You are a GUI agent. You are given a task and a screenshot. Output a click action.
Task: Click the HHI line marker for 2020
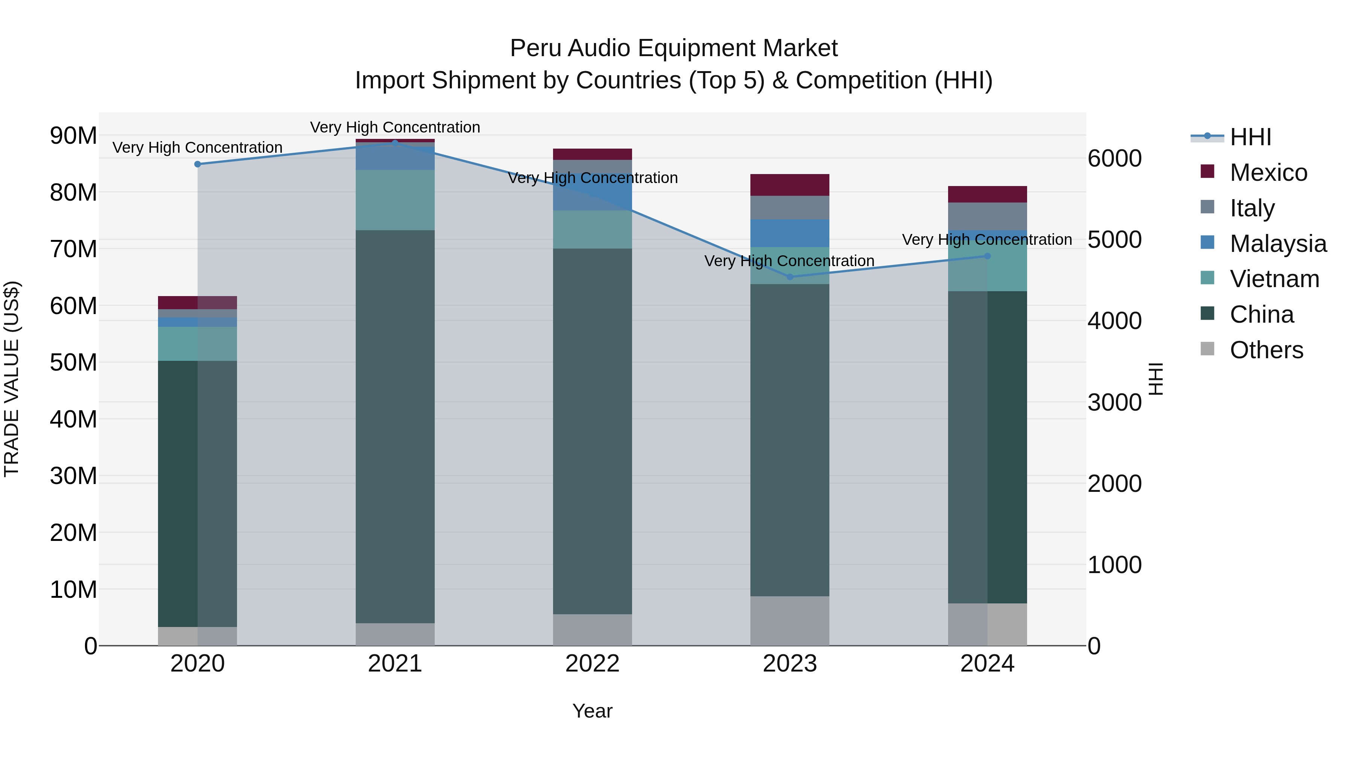[x=197, y=164]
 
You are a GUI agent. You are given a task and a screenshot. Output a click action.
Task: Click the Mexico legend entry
[x=1269, y=173]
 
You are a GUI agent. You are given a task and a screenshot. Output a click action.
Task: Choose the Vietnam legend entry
[x=1274, y=279]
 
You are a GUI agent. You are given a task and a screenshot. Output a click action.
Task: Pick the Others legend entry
[x=1266, y=350]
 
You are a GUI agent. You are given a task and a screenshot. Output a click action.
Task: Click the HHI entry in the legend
[x=1250, y=137]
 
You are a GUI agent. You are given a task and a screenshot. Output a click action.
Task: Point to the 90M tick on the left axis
[x=73, y=136]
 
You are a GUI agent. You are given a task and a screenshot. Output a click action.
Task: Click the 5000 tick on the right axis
[x=1114, y=240]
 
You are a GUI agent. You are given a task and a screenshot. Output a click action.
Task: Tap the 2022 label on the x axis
[x=592, y=664]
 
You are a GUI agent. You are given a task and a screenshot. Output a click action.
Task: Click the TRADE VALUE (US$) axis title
[x=12, y=379]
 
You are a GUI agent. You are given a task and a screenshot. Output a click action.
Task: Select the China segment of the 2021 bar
[x=395, y=426]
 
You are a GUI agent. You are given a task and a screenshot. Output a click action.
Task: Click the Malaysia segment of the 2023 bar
[x=790, y=233]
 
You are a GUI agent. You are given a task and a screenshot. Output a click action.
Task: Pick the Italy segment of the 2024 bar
[x=987, y=216]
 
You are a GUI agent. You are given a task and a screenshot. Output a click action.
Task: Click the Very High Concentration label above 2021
[x=395, y=128]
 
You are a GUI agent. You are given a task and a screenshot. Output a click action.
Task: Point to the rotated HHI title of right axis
[x=1156, y=379]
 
